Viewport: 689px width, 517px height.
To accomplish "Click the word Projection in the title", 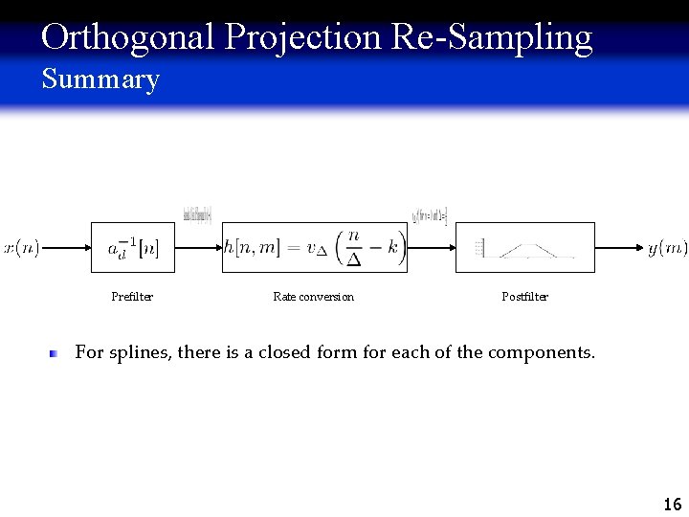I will coord(304,37).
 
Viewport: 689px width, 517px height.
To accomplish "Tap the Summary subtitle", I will coord(100,79).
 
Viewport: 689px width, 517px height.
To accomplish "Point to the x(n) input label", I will coord(21,248).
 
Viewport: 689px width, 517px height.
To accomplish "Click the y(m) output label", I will coord(667,248).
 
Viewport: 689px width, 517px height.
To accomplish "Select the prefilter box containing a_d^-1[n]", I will coord(134,248).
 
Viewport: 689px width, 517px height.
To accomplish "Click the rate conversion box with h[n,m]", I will coord(315,248).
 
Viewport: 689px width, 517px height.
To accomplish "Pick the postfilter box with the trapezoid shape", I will coord(524,248).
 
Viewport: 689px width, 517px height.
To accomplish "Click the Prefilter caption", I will coord(132,297).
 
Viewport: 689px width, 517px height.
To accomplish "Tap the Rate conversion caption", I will coord(313,297).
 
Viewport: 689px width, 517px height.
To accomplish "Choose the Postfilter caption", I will coord(524,297).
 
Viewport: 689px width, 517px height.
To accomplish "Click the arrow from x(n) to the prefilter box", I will coord(66,248).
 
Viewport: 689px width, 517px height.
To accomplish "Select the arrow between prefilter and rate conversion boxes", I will coord(200,248).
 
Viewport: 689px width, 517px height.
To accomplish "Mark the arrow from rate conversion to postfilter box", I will coord(432,248).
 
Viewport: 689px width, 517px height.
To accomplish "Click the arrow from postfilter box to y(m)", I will coord(620,248).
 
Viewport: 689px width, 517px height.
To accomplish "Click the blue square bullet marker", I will coord(56,353).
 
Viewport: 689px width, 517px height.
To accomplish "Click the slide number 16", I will coord(672,504).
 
